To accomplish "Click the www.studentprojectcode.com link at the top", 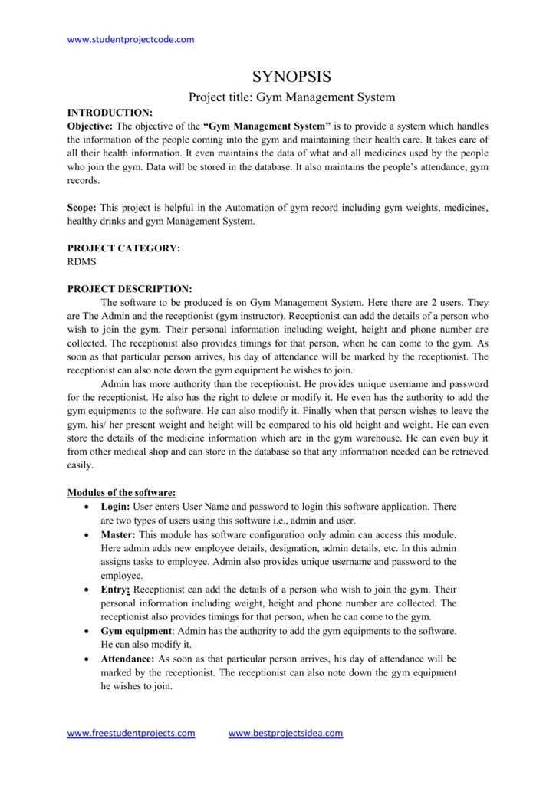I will point(130,39).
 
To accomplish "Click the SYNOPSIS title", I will point(291,77).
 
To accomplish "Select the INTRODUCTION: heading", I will point(110,113).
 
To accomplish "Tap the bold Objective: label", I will point(90,126).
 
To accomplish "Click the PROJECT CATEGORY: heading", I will point(123,248).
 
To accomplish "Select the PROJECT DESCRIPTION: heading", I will point(130,289).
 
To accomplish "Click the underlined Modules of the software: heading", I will point(122,492).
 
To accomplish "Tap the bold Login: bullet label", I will point(116,507).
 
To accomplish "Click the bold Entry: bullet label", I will point(115,589).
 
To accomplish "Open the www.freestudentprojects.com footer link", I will point(131,734).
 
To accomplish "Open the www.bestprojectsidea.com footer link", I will point(285,734).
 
